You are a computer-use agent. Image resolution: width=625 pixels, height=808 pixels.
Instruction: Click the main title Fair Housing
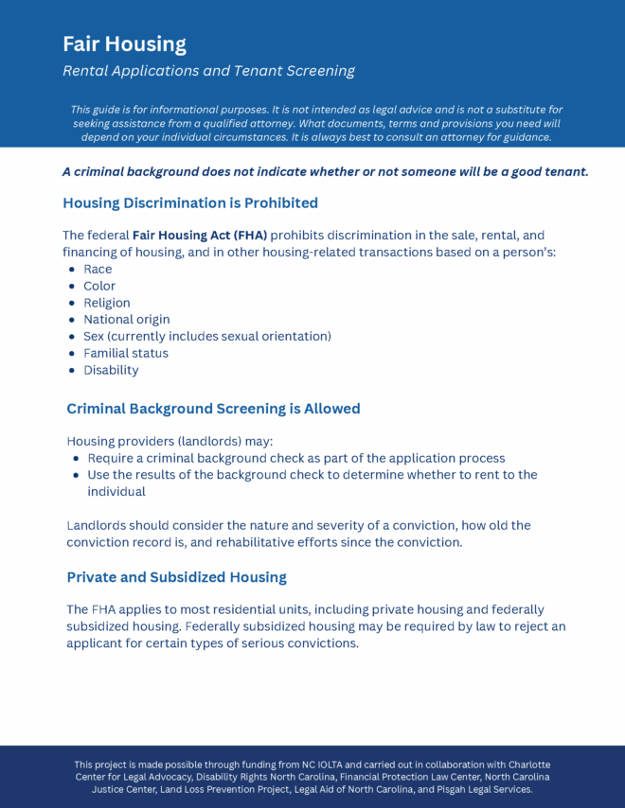pyautogui.click(x=124, y=44)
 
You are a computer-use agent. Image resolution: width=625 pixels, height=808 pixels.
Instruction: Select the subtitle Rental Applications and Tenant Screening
pyautogui.click(x=208, y=71)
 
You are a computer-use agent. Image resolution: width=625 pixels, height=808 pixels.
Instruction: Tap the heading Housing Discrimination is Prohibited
pyautogui.click(x=189, y=202)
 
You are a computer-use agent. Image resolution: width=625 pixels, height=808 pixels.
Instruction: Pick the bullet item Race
pyautogui.click(x=98, y=269)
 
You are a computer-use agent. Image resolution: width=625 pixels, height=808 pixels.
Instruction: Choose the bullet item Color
pyautogui.click(x=99, y=286)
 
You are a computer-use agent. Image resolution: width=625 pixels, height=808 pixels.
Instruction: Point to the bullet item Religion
pyautogui.click(x=107, y=303)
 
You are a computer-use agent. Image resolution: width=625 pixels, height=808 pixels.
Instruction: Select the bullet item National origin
pyautogui.click(x=127, y=320)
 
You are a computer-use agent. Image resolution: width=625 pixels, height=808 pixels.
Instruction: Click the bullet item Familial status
pyautogui.click(x=126, y=353)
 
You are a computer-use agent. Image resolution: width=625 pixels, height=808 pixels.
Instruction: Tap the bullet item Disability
pyautogui.click(x=111, y=370)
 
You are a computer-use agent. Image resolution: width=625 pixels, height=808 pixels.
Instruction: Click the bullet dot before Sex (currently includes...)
pyautogui.click(x=73, y=337)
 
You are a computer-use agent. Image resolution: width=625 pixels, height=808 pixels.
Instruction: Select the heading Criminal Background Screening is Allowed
pyautogui.click(x=213, y=409)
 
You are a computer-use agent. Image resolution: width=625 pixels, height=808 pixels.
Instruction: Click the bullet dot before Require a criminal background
pyautogui.click(x=77, y=458)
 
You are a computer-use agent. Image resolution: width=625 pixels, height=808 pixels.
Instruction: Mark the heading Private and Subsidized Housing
pyautogui.click(x=176, y=576)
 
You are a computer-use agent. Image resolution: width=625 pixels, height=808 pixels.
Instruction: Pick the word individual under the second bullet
pyautogui.click(x=116, y=492)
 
